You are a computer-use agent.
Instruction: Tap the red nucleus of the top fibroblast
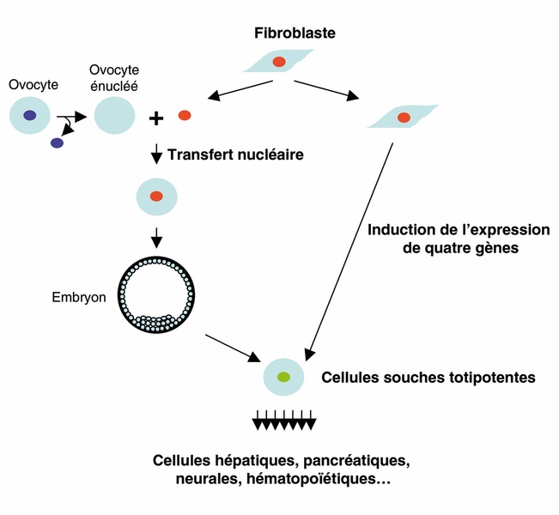click(x=279, y=62)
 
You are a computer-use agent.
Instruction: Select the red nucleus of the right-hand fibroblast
click(x=404, y=118)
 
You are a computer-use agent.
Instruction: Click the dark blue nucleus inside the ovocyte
click(x=30, y=115)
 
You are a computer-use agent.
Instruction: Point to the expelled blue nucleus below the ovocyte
click(x=57, y=143)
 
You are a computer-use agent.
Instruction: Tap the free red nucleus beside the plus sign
click(x=185, y=115)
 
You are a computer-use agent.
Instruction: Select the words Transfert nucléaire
click(x=236, y=155)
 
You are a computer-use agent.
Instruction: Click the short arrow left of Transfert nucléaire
click(x=156, y=155)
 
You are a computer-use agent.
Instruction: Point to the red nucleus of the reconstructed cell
click(x=156, y=197)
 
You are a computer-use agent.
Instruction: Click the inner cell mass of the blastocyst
click(x=157, y=322)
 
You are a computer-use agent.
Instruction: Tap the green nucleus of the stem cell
click(x=283, y=377)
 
